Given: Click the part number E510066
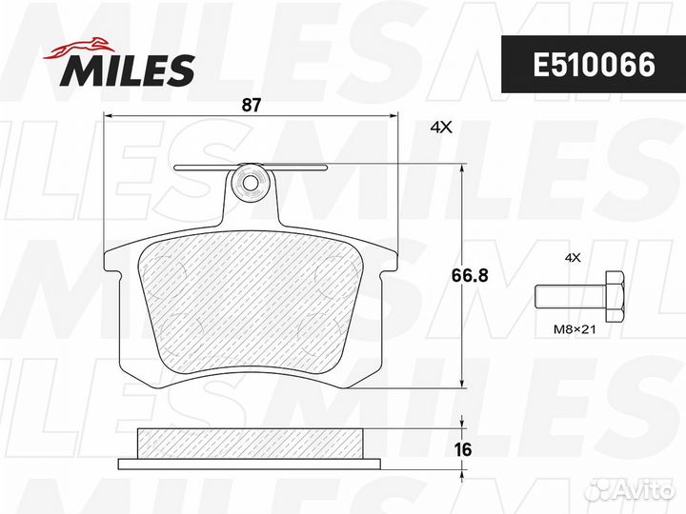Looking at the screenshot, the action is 594,65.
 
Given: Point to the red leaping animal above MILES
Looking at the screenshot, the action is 79,48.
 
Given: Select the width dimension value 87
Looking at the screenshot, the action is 252,106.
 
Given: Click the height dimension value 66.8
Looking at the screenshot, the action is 470,276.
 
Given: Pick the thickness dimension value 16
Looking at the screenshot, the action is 463,449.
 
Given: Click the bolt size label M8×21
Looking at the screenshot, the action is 575,329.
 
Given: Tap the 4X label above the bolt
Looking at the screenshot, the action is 573,258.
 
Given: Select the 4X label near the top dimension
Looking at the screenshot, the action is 441,128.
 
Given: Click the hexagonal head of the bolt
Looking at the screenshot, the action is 615,297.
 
